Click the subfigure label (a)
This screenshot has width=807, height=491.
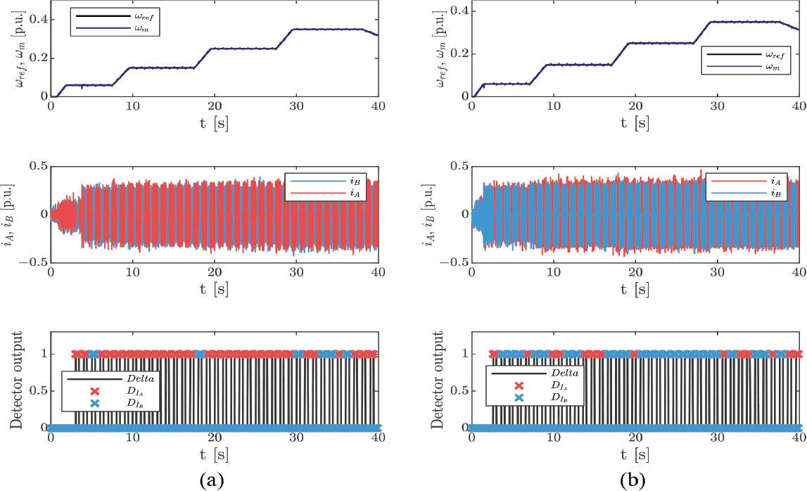[214, 480]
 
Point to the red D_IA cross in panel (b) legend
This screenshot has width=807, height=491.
[519, 385]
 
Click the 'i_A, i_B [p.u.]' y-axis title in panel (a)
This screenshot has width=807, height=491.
[12, 213]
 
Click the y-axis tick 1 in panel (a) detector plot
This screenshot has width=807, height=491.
[42, 355]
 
